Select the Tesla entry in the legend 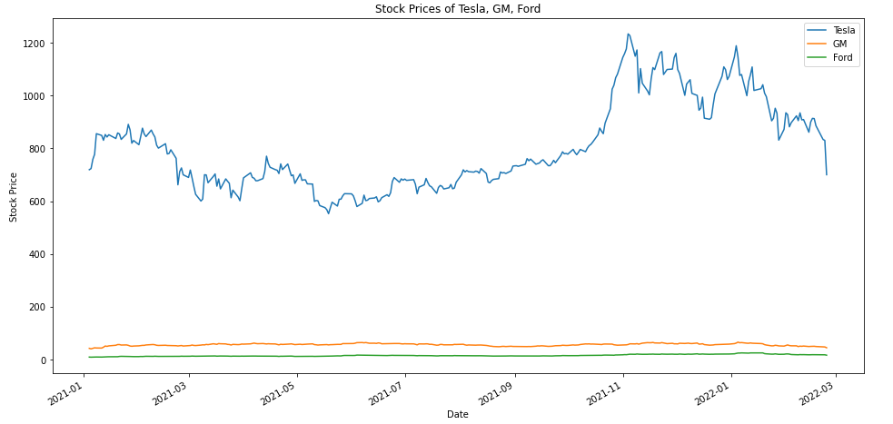tap(844, 30)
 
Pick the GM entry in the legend tap(840, 44)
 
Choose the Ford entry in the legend tap(843, 57)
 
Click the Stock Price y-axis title tap(14, 197)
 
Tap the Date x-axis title tap(459, 415)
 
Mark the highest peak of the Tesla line tap(628, 35)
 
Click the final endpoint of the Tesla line tap(827, 174)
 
